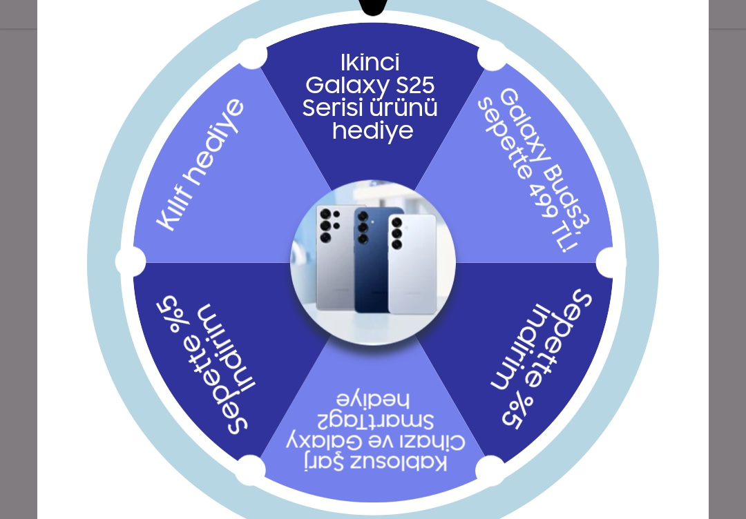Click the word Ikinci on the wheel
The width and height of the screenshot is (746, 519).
click(370, 63)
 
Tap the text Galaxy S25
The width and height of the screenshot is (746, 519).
click(370, 86)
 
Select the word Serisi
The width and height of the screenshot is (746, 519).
click(333, 108)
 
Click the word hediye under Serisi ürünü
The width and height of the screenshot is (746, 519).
click(372, 130)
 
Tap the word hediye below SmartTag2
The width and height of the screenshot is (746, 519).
click(373, 400)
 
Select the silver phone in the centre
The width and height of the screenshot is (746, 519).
click(336, 259)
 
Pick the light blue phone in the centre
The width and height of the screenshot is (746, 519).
click(412, 262)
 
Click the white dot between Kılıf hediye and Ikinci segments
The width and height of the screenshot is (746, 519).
click(252, 54)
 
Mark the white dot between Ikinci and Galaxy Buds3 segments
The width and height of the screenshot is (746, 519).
click(492, 55)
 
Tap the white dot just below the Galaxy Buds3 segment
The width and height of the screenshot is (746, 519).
click(611, 262)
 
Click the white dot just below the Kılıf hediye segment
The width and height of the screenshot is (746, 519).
click(131, 262)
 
